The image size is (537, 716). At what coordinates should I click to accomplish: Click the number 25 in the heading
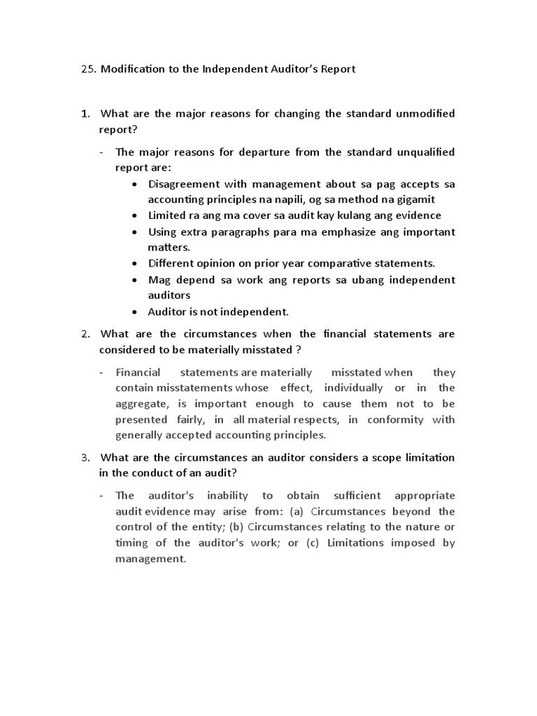click(x=87, y=69)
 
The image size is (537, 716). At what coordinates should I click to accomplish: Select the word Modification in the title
click(x=133, y=69)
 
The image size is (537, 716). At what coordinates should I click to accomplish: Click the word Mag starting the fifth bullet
click(x=159, y=280)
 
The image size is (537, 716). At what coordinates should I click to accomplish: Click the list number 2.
click(x=85, y=334)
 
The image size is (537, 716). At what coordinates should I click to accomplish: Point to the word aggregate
click(x=142, y=403)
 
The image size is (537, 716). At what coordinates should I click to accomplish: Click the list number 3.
click(x=85, y=457)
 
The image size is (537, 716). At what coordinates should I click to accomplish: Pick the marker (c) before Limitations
click(x=315, y=543)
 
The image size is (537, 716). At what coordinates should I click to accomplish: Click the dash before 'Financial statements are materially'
click(x=102, y=372)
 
